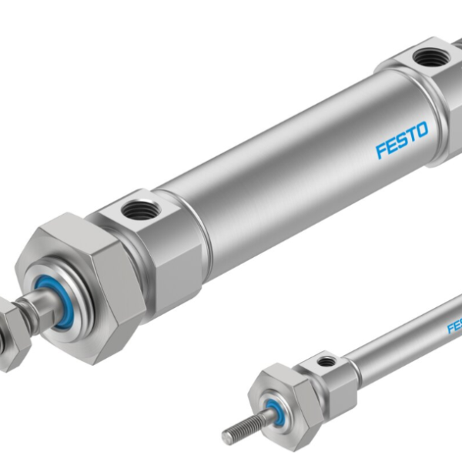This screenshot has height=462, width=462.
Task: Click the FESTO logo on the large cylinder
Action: tap(402, 137)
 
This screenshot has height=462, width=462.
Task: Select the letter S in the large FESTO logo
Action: tap(402, 137)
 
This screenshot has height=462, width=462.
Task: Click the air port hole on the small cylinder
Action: tap(327, 360)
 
